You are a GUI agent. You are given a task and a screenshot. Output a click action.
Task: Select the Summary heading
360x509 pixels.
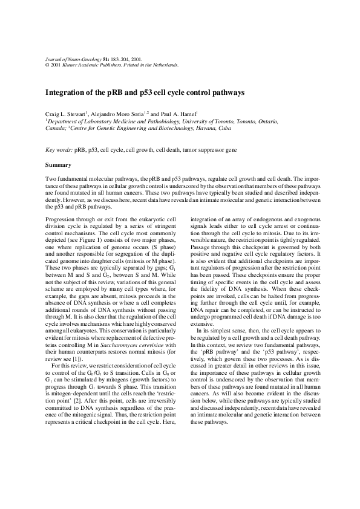point(59,164)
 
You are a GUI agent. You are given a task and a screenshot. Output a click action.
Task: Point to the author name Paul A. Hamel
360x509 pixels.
point(184,114)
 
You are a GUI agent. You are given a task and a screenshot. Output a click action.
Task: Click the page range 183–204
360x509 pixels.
point(119,59)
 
